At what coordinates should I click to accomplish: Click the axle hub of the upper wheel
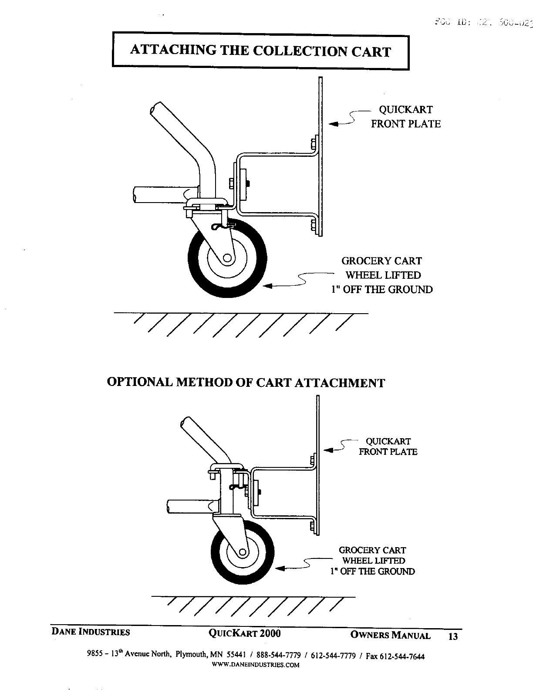(227, 258)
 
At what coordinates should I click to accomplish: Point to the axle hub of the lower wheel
(243, 552)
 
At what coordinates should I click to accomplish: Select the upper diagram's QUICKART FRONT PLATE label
(405, 117)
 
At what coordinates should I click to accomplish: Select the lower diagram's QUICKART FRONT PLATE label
(388, 446)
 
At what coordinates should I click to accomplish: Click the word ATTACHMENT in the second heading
(340, 383)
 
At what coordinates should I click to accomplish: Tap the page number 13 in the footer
(453, 636)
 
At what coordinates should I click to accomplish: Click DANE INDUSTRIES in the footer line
(91, 632)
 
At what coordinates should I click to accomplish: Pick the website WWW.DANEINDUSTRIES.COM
(255, 665)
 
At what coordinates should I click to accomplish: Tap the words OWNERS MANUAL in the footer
(390, 635)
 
